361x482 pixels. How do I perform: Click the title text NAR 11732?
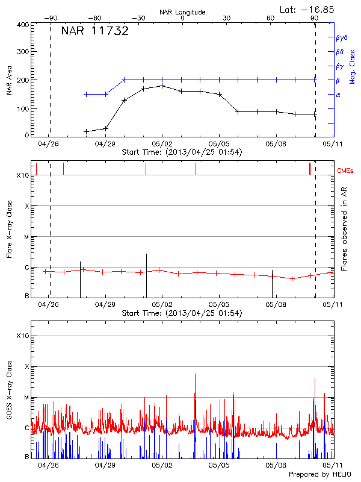point(94,32)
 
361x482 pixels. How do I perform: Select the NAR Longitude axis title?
point(182,12)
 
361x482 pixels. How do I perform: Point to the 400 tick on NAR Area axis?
point(22,25)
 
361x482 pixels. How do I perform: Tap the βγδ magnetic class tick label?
point(342,38)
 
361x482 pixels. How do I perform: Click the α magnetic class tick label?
point(338,95)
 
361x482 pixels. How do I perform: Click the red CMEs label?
point(345,171)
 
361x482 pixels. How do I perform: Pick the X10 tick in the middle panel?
point(22,175)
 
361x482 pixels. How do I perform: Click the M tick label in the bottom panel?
point(26,398)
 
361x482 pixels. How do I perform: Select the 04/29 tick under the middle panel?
point(105,305)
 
